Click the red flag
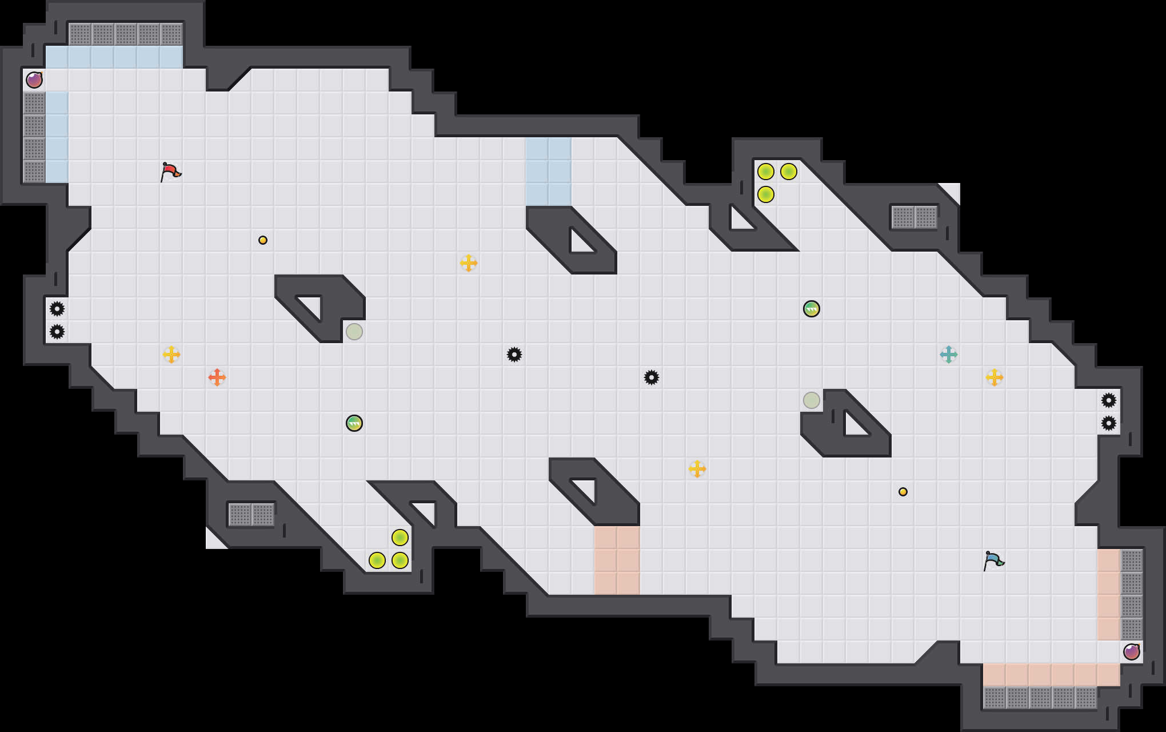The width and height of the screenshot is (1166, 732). click(170, 171)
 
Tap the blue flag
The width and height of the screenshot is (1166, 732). click(993, 560)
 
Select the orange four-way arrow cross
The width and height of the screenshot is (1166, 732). click(217, 377)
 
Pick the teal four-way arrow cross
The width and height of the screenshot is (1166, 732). click(949, 355)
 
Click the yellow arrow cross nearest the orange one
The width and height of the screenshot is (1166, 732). click(171, 355)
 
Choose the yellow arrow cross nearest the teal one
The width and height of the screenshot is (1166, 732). click(995, 377)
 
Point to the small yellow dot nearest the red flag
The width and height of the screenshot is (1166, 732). click(263, 240)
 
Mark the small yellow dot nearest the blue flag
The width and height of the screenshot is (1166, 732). click(903, 492)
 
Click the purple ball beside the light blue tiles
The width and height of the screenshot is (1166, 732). click(34, 80)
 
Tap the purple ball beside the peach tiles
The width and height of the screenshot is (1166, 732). click(1132, 652)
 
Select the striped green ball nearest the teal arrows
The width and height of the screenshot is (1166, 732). click(812, 309)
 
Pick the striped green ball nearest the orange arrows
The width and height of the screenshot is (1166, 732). click(354, 423)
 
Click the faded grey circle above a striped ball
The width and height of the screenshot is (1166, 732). click(354, 332)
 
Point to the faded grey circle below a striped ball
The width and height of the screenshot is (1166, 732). click(812, 400)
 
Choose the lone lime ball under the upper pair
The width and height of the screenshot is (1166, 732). click(766, 194)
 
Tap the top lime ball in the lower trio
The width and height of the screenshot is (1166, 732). click(400, 538)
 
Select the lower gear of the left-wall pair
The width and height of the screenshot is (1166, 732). click(57, 332)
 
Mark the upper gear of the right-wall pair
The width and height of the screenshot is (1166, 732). click(1109, 400)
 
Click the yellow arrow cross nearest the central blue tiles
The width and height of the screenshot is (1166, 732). click(469, 263)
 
